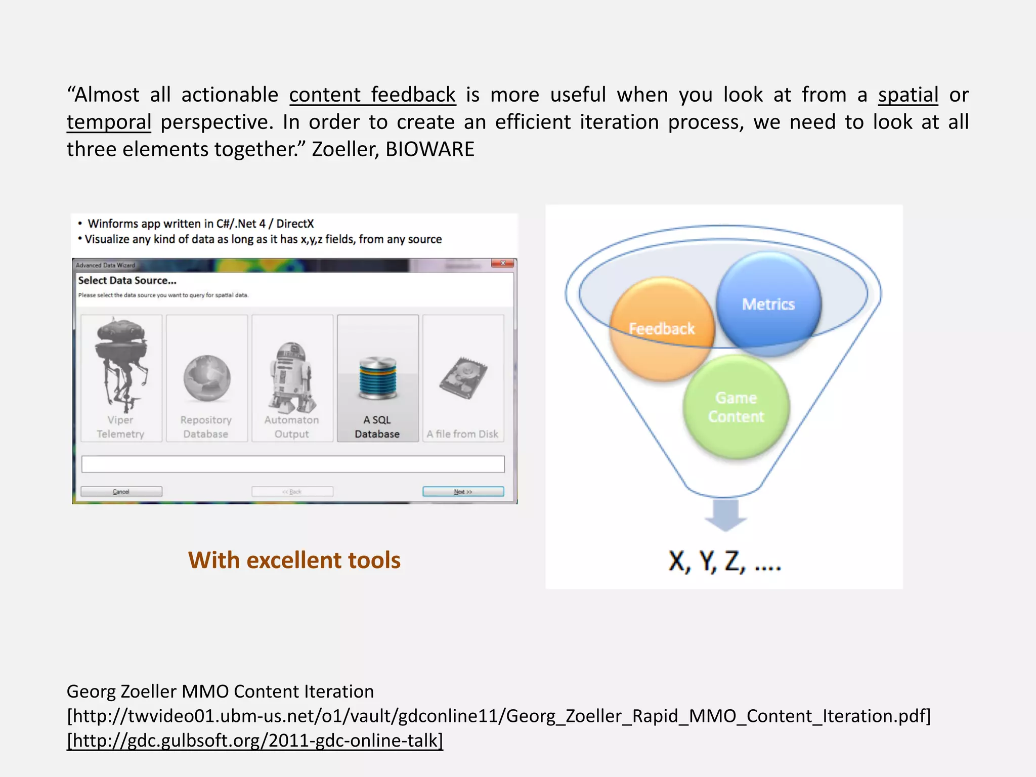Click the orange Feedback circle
(661, 329)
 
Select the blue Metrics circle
(768, 304)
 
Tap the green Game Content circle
(736, 407)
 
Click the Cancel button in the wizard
(121, 492)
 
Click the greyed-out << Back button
(292, 492)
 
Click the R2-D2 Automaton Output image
(292, 377)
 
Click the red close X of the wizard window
(503, 264)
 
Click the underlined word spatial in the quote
(908, 95)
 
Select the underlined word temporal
(109, 122)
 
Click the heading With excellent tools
(294, 560)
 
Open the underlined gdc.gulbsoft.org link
(255, 741)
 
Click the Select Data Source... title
(127, 281)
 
